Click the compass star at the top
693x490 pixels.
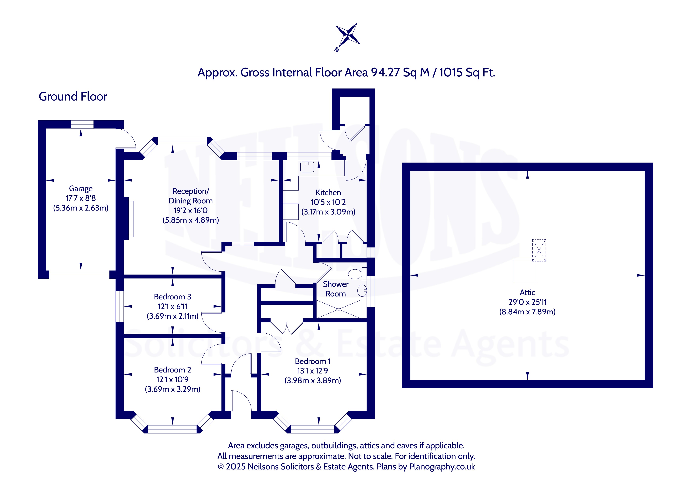348,36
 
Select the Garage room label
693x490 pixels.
81,189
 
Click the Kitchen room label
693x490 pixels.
328,193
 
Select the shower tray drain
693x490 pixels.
338,309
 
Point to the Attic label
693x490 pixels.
527,292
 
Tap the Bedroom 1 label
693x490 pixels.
313,361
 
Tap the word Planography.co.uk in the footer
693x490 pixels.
442,467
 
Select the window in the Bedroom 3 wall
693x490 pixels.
120,306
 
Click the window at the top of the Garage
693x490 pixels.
82,124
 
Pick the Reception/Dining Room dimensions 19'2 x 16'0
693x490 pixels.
190,210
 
